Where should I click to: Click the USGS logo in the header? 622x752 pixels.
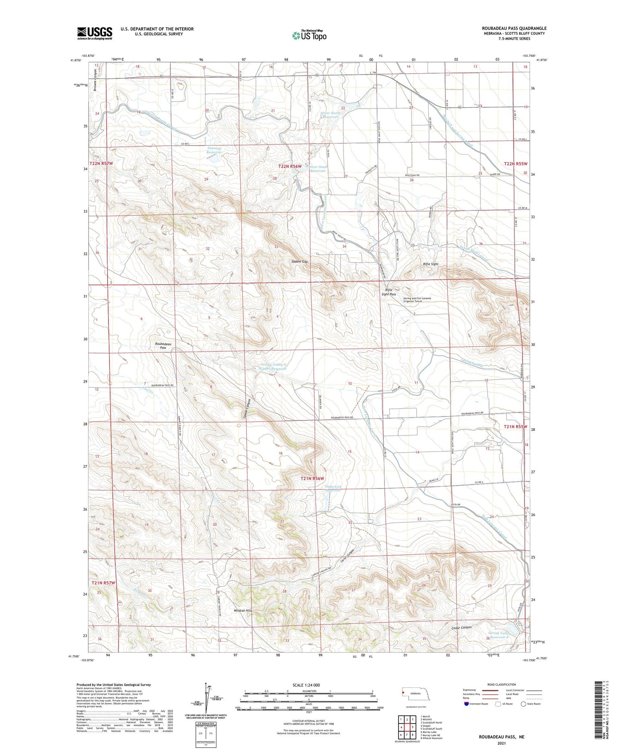pyautogui.click(x=95, y=33)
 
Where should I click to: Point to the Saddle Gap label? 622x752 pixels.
pyautogui.click(x=299, y=261)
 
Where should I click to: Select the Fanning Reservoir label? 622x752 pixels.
pyautogui.click(x=214, y=150)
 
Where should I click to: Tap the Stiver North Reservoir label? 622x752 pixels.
pyautogui.click(x=331, y=115)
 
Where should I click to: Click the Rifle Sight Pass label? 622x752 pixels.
pyautogui.click(x=388, y=292)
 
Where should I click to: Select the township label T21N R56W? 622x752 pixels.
pyautogui.click(x=312, y=478)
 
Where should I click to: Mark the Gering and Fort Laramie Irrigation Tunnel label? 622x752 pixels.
pyautogui.click(x=417, y=300)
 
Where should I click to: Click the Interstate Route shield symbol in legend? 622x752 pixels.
pyautogui.click(x=467, y=703)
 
